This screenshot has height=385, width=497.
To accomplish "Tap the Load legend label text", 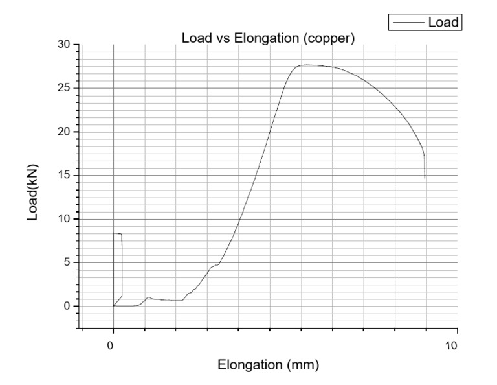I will pos(443,23).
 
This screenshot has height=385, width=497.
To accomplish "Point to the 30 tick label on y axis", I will pos(63,44).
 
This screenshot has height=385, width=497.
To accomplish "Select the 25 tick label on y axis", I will pos(63,88).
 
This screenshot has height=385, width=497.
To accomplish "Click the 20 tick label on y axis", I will pos(63,132).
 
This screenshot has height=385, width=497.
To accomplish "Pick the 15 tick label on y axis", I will pos(63,175).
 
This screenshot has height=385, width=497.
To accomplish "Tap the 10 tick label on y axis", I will pos(63,219).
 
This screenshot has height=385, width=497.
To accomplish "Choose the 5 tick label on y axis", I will pos(66,262).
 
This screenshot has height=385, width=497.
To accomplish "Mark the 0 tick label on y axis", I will pos(66,306).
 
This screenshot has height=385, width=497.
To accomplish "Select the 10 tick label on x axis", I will pos(452,345).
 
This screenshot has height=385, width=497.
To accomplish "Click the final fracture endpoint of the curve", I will pos(425,177).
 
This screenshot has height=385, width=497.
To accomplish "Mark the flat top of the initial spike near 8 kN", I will pos(118,233).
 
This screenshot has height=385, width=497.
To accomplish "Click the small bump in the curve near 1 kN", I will pos(149,297).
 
